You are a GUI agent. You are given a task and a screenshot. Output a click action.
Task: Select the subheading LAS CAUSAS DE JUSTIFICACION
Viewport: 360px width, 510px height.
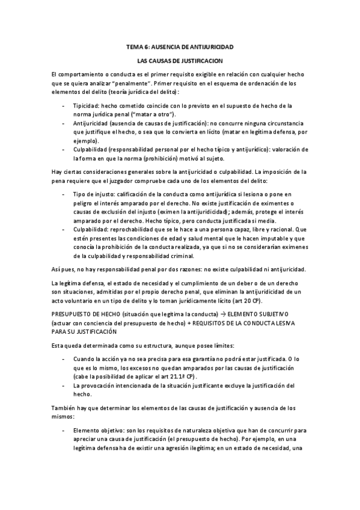click(180, 61)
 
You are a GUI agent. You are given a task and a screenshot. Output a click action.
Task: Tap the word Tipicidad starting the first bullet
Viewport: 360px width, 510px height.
click(86, 105)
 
